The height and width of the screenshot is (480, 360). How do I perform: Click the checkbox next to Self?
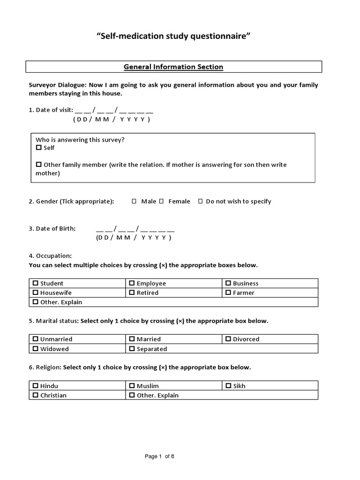click(x=39, y=148)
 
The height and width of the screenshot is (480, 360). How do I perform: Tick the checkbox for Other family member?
click(x=39, y=165)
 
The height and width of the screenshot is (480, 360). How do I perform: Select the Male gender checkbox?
click(x=134, y=201)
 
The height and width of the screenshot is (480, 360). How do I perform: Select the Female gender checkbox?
click(x=161, y=201)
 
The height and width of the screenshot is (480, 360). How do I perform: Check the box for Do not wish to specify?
click(x=200, y=201)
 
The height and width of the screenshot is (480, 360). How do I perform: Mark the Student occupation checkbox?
click(x=36, y=283)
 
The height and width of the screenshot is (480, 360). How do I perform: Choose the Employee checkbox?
click(x=132, y=283)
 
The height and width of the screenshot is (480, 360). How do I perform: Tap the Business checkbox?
click(x=228, y=283)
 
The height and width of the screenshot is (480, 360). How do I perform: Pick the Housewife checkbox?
click(x=36, y=292)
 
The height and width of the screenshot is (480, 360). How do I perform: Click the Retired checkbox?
click(x=132, y=292)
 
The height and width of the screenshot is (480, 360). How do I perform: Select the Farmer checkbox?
click(x=228, y=292)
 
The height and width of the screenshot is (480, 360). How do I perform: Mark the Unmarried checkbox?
click(x=36, y=339)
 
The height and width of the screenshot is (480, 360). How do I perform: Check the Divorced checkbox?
click(x=228, y=339)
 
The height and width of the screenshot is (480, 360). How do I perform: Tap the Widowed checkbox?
click(x=36, y=349)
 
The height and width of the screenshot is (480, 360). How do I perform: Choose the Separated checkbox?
click(x=132, y=349)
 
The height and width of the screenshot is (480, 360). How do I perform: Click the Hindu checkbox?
click(x=36, y=386)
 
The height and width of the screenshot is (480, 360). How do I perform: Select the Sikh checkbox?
click(x=228, y=386)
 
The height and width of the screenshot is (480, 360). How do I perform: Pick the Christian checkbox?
click(x=36, y=395)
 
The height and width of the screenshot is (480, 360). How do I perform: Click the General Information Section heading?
click(x=173, y=67)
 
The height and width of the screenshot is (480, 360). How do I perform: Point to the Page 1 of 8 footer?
click(x=159, y=456)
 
